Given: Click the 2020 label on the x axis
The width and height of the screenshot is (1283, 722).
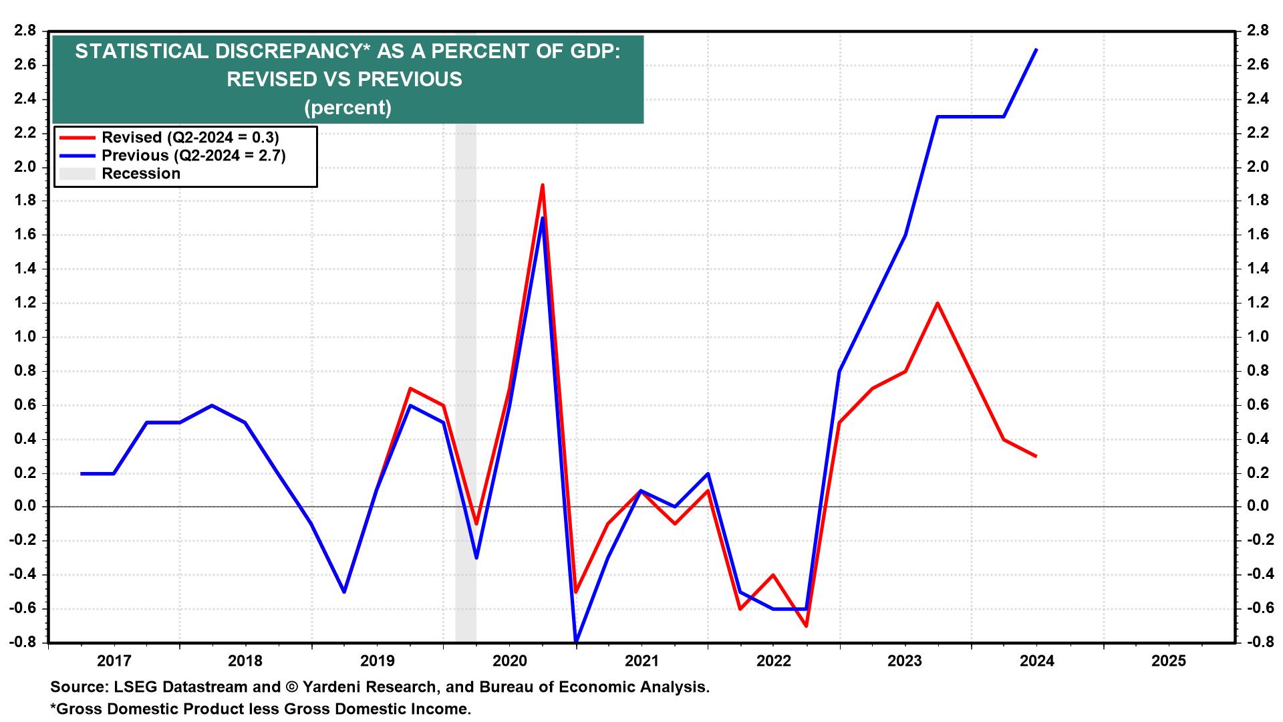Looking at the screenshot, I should pos(509,661).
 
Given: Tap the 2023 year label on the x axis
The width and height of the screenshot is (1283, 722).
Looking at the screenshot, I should pos(905,661).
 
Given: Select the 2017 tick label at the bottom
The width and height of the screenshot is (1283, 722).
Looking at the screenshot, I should pos(113,661).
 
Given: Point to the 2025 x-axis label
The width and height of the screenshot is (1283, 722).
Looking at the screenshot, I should pos(1169,661).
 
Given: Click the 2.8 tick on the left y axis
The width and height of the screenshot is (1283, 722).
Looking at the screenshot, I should pos(25,31).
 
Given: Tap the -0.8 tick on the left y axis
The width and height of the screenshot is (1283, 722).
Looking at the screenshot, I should pos(23,642).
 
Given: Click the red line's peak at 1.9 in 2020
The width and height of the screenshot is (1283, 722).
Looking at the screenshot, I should pos(543,185).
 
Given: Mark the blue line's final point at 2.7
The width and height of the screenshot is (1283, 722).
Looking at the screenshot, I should pos(1036,49).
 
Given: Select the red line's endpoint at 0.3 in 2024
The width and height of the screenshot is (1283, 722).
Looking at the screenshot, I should pos(1036,456).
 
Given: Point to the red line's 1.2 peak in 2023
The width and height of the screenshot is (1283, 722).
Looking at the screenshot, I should pos(938,303).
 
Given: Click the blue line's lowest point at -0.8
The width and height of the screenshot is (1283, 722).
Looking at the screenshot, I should pos(575,642).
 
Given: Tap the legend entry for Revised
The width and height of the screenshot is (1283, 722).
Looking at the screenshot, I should pos(190,138).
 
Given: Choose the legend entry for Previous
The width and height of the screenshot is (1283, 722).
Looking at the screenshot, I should pos(194,156).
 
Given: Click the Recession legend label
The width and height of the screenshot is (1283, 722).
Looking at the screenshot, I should pos(141,174).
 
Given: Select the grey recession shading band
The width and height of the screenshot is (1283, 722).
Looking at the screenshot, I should pos(466,401).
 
